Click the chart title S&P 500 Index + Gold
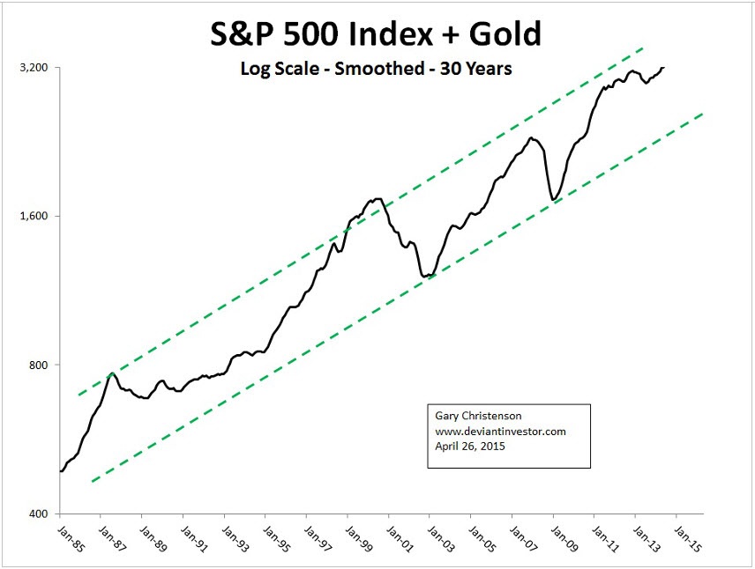tap(376, 35)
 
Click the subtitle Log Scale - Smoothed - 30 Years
tap(376, 69)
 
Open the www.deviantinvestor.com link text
tap(500, 432)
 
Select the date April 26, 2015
tap(471, 446)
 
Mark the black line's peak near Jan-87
tap(113, 373)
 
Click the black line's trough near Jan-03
tap(427, 277)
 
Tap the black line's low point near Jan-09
tap(554, 200)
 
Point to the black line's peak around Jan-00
tap(378, 199)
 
